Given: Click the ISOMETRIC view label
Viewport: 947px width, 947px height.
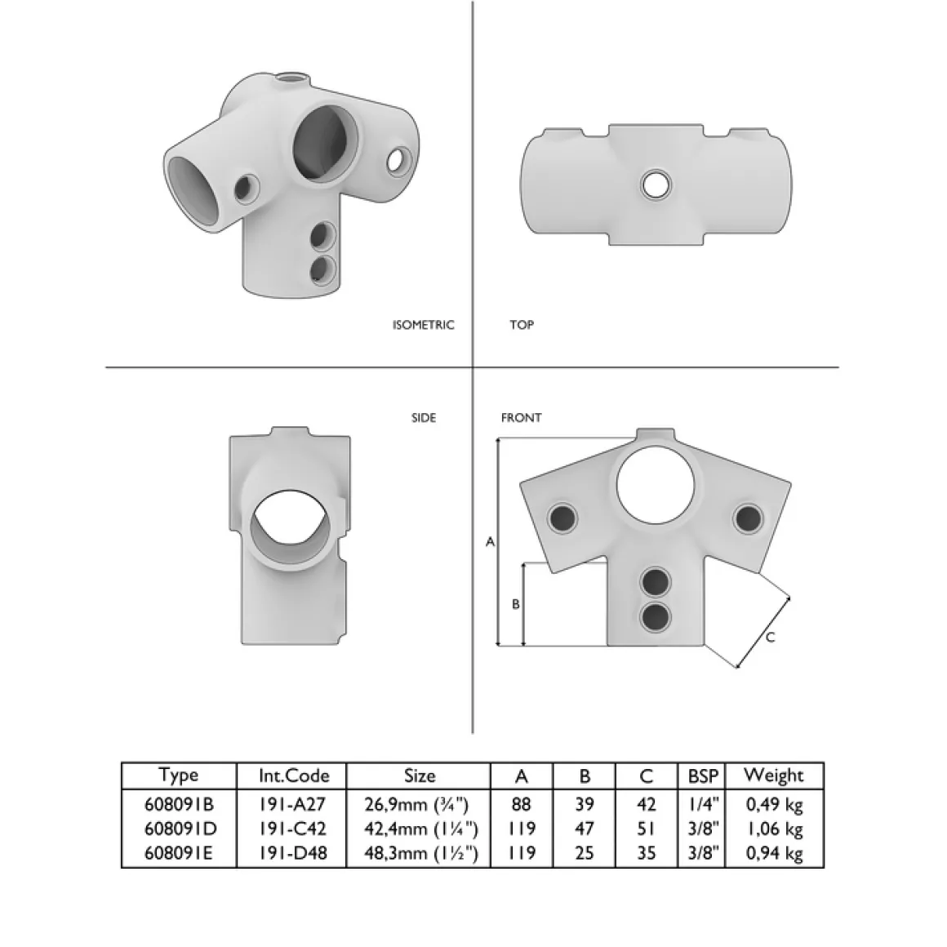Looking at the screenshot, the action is (423, 325).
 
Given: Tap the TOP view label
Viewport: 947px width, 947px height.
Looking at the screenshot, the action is (521, 325).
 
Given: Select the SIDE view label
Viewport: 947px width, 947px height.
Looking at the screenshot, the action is (424, 418).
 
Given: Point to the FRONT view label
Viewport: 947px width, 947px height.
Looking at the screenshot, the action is (521, 418).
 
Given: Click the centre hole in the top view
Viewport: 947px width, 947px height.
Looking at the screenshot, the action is (656, 185).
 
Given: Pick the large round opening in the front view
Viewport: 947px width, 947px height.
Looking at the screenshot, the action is (656, 485).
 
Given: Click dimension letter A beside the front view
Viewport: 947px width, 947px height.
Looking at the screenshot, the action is (491, 542).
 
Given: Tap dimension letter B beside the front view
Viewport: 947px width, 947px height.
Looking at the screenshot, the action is (516, 604).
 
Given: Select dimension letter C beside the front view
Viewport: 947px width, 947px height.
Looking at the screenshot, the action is (770, 637).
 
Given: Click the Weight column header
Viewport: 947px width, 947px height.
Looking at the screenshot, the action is (774, 776).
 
